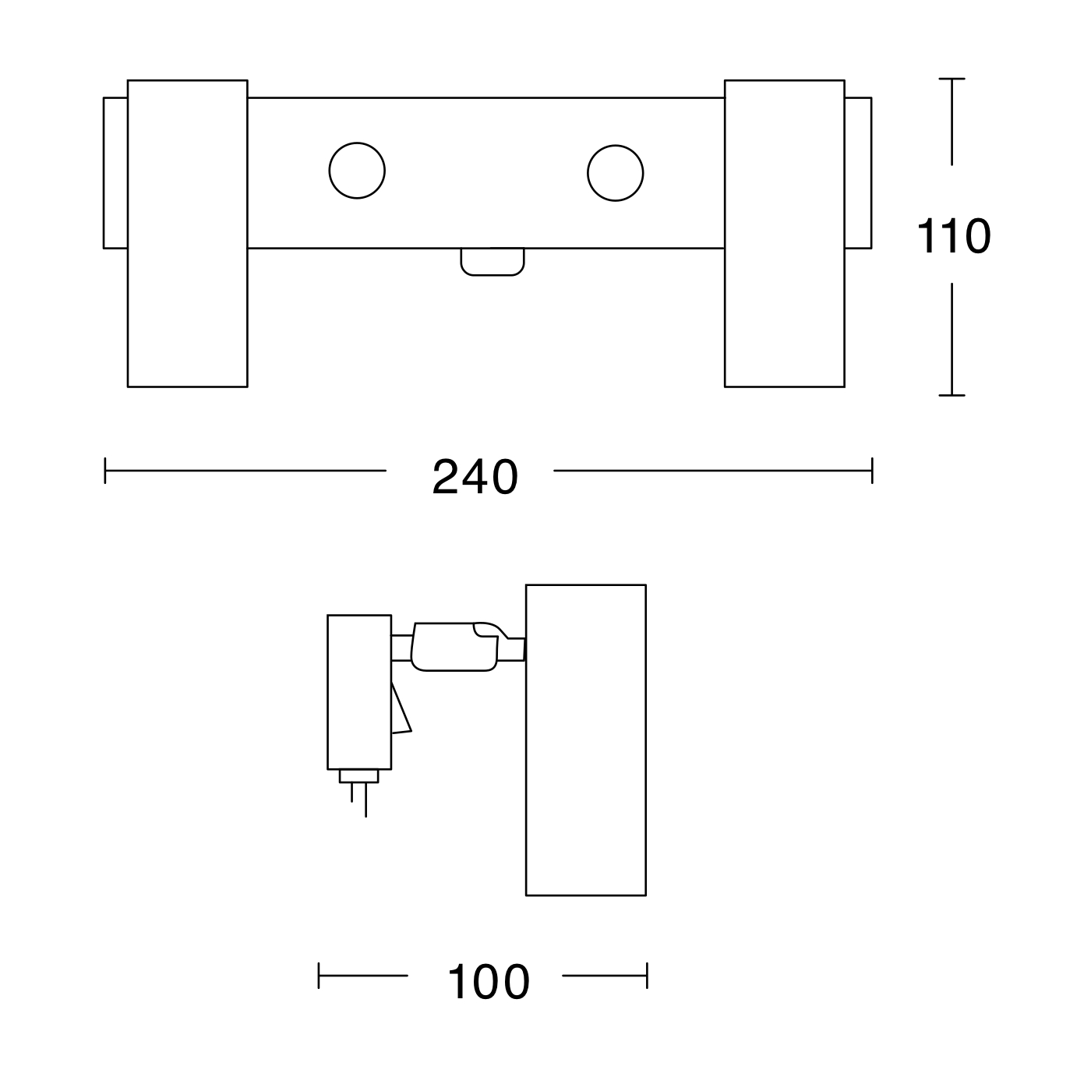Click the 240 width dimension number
(475, 476)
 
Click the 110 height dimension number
(953, 235)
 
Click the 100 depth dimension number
(489, 982)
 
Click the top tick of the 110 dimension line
(952, 79)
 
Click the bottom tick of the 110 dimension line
(952, 395)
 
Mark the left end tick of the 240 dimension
(105, 471)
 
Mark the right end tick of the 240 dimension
(872, 471)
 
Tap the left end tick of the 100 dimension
(319, 976)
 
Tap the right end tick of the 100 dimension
(647, 976)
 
